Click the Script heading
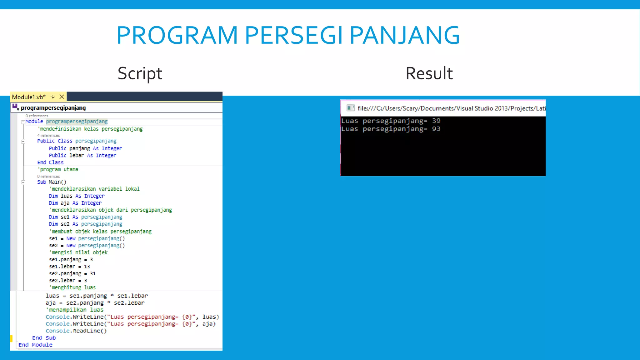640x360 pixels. click(x=140, y=74)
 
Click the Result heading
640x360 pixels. click(x=429, y=74)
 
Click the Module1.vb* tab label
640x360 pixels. click(x=29, y=97)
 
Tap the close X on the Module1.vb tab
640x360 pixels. click(x=62, y=97)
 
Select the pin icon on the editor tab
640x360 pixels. click(x=52, y=97)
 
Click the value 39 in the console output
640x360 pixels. click(x=436, y=121)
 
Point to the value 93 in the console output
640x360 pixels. click(x=436, y=129)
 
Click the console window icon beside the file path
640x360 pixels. click(x=351, y=108)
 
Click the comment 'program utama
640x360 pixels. click(x=58, y=169)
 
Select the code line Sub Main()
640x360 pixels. click(x=52, y=182)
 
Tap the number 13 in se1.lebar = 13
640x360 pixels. click(x=87, y=267)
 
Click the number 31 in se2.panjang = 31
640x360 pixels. click(x=93, y=273)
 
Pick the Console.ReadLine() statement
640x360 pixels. click(x=76, y=331)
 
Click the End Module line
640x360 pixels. click(x=35, y=345)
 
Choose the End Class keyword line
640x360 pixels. click(x=50, y=162)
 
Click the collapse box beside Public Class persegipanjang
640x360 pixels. click(x=23, y=141)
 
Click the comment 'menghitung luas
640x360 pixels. click(x=72, y=287)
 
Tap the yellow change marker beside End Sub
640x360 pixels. click(x=11, y=338)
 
